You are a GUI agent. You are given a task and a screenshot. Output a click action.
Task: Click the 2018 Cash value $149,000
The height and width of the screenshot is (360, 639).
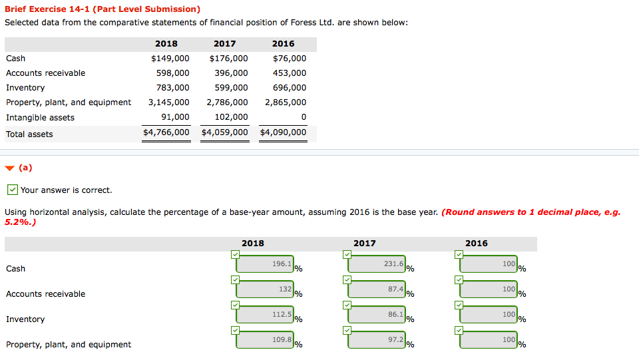coord(170,59)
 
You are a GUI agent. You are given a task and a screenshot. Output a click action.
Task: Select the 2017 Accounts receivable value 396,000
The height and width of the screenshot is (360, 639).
coord(231,73)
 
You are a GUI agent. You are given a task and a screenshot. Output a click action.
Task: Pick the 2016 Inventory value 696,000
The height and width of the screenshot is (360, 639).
coord(290,88)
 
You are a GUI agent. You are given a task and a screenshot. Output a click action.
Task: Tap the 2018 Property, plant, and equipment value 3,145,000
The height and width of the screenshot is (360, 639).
coord(168,102)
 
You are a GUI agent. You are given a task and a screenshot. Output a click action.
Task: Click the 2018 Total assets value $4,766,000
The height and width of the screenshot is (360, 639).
coord(166,132)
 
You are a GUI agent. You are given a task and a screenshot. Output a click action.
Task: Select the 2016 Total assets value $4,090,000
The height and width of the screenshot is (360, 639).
coord(283,132)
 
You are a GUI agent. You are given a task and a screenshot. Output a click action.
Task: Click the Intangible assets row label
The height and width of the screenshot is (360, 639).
coord(40,118)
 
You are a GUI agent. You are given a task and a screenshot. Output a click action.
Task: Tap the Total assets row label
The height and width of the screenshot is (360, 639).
coord(29,134)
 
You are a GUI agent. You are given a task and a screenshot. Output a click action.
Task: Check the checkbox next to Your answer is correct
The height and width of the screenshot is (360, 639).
coord(12,190)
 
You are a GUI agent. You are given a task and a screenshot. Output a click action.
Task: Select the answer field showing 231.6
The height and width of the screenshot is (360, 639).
coord(377,264)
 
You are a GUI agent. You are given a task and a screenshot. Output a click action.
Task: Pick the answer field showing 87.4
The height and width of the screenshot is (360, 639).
coord(377,289)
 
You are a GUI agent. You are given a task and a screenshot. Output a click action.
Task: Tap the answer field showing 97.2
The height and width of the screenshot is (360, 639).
coord(377,340)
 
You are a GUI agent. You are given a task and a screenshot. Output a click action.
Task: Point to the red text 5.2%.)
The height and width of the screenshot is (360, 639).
coord(20,222)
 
